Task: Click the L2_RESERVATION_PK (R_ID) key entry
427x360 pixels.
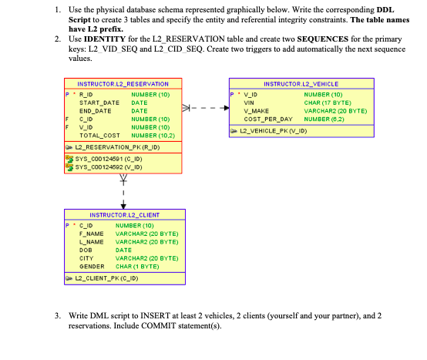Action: pyautogui.click(x=116, y=146)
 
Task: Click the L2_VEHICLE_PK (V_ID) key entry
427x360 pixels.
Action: pyautogui.click(x=279, y=130)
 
